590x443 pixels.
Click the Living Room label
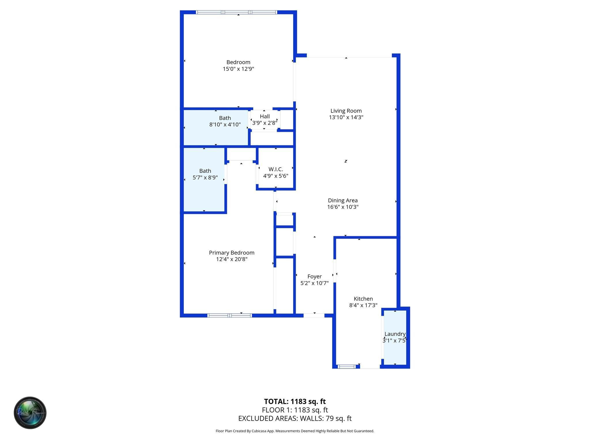(346, 111)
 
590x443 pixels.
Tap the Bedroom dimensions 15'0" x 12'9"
(238, 69)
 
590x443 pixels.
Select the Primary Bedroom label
(232, 253)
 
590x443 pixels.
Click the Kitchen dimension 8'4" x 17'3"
(363, 305)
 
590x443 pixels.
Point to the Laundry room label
(395, 334)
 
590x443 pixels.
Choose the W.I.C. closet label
(276, 169)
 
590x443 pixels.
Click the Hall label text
(265, 116)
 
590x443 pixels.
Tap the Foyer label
(314, 276)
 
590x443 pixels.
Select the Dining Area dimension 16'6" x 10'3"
(343, 207)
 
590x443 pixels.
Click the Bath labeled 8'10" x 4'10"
(225, 121)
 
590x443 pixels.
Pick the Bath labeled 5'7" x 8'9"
(205, 174)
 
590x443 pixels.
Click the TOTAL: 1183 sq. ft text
(295, 401)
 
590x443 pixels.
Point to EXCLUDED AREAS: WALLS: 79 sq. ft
(295, 418)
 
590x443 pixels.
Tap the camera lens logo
(30, 413)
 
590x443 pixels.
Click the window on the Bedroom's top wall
(237, 12)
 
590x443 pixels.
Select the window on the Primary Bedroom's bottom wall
(230, 316)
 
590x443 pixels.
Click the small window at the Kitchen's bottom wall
(347, 367)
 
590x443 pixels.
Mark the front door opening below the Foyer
(314, 316)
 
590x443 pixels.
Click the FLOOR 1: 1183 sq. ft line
(295, 410)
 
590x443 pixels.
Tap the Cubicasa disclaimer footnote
(295, 431)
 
